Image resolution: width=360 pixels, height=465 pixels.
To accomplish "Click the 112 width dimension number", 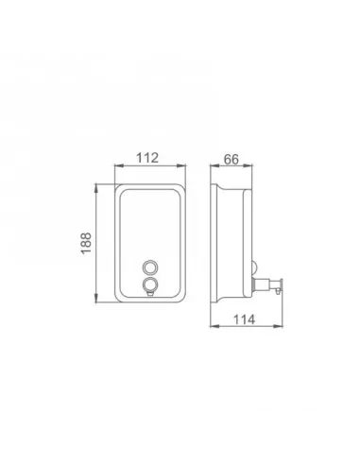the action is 147,158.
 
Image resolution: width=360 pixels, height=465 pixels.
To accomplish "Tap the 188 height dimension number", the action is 86,243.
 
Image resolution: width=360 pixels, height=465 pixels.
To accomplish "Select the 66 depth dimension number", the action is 231,160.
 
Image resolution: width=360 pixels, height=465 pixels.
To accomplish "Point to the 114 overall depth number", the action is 244,319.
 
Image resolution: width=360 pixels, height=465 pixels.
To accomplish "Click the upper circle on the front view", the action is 149,267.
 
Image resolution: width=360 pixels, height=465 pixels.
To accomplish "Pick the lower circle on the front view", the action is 149,284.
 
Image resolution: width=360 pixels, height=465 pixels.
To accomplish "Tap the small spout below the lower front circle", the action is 150,294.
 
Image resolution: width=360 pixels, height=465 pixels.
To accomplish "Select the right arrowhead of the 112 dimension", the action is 181,165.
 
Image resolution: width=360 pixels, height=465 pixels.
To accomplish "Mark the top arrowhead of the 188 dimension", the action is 96,188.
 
